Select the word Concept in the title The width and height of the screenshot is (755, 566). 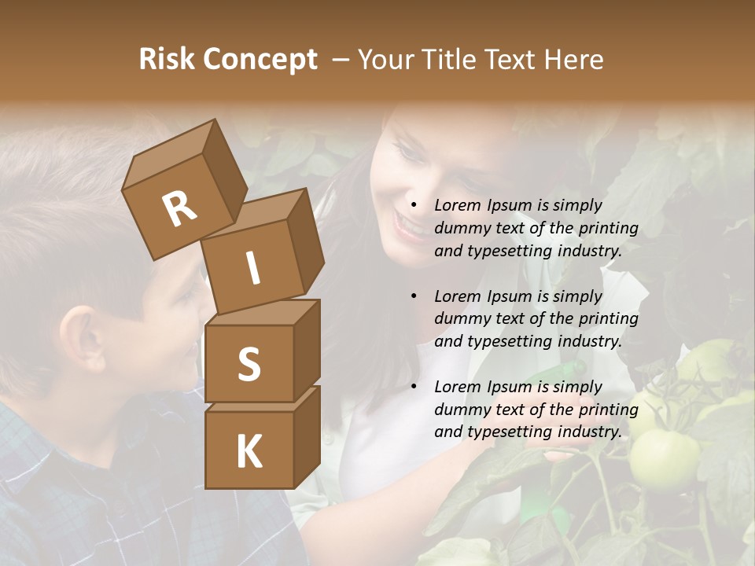(x=260, y=60)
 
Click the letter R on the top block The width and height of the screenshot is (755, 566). (x=179, y=210)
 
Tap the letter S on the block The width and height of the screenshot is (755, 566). (x=249, y=364)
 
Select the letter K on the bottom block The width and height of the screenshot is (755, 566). (x=249, y=451)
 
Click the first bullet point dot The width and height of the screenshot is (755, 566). (x=414, y=205)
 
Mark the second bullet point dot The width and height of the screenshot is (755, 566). (x=414, y=296)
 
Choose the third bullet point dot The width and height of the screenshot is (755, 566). (x=414, y=387)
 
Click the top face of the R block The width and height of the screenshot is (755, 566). (x=169, y=153)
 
